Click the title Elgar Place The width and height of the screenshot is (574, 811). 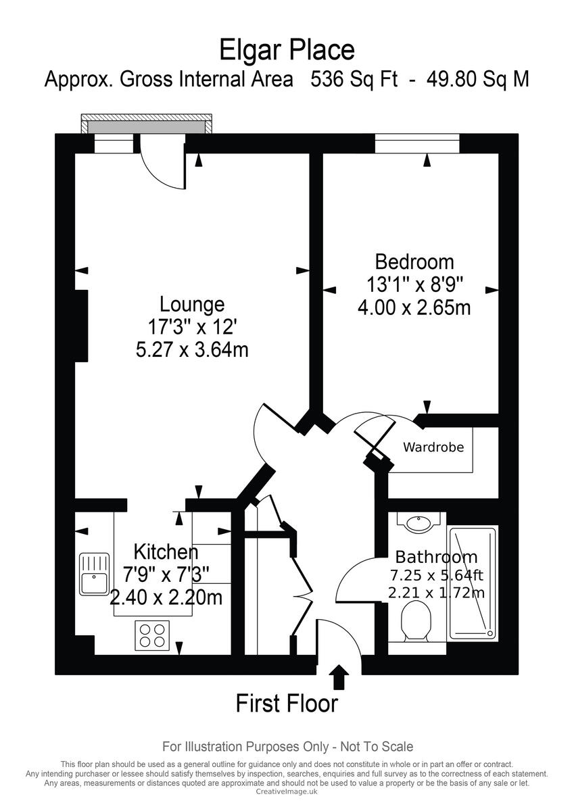(x=287, y=50)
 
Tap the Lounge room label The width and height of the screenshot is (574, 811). (x=192, y=303)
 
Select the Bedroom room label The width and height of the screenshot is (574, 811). (x=414, y=262)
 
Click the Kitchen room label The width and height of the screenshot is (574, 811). (x=166, y=551)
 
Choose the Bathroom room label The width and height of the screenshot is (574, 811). (x=436, y=557)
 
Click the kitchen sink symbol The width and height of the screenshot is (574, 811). (x=94, y=574)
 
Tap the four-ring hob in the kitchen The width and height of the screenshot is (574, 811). (x=152, y=635)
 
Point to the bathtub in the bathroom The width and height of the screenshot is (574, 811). (x=473, y=583)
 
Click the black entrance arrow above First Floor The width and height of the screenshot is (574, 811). (x=339, y=677)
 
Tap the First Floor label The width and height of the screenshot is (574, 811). (x=287, y=704)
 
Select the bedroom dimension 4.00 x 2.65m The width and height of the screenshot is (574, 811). (x=414, y=308)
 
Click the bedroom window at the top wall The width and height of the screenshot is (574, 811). (x=417, y=144)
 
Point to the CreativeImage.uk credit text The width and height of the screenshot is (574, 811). (x=287, y=791)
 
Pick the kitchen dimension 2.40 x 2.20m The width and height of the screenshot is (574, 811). (x=166, y=597)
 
